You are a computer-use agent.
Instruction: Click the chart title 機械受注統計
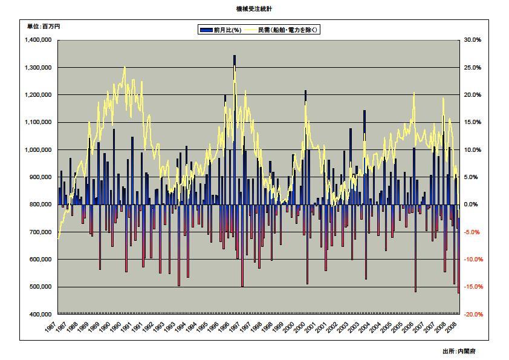254,10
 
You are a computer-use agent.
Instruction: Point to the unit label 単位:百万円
44,27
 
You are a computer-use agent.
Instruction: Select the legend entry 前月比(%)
222,30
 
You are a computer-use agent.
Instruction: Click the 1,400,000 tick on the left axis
37,40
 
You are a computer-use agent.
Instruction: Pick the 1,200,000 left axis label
37,95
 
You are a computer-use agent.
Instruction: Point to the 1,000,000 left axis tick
37,150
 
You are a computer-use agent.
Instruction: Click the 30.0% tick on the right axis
473,40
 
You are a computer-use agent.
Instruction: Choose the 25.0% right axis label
473,68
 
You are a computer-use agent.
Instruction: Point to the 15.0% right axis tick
473,122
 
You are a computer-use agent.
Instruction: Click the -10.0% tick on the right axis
473,260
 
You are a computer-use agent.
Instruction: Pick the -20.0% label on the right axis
473,315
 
